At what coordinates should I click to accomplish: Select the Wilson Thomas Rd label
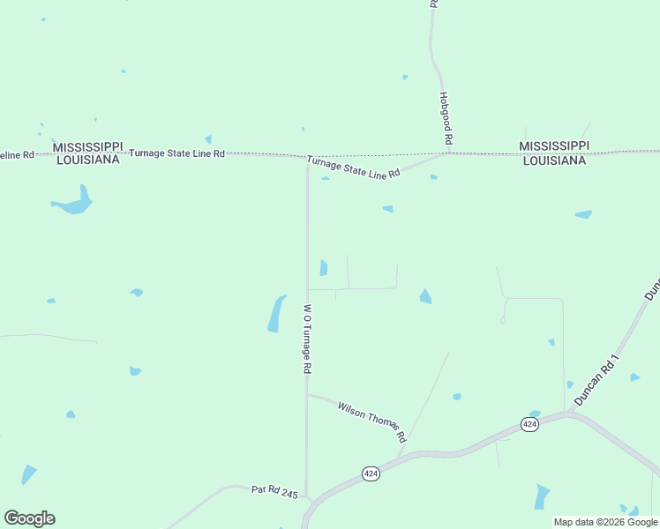tap(371, 421)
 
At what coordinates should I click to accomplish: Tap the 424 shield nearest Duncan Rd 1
tap(529, 424)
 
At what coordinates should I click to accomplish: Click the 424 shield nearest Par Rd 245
tap(371, 473)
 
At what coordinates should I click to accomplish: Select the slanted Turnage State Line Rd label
tap(354, 167)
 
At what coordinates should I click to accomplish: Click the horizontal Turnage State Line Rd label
tap(176, 153)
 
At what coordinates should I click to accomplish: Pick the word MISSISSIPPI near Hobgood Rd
tap(554, 145)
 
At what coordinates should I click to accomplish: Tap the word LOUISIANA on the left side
tap(88, 160)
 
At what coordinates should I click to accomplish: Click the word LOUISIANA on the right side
tap(554, 160)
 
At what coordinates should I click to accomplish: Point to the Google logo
tap(29, 518)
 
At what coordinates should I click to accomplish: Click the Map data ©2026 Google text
tap(605, 522)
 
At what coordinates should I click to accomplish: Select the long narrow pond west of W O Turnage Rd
tap(277, 314)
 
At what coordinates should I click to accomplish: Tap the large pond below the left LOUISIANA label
tap(74, 204)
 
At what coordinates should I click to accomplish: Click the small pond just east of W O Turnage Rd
tap(324, 267)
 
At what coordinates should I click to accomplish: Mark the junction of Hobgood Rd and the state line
tap(448, 153)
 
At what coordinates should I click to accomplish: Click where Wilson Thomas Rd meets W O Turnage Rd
tap(307, 394)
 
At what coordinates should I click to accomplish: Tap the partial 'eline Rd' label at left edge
tap(17, 154)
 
